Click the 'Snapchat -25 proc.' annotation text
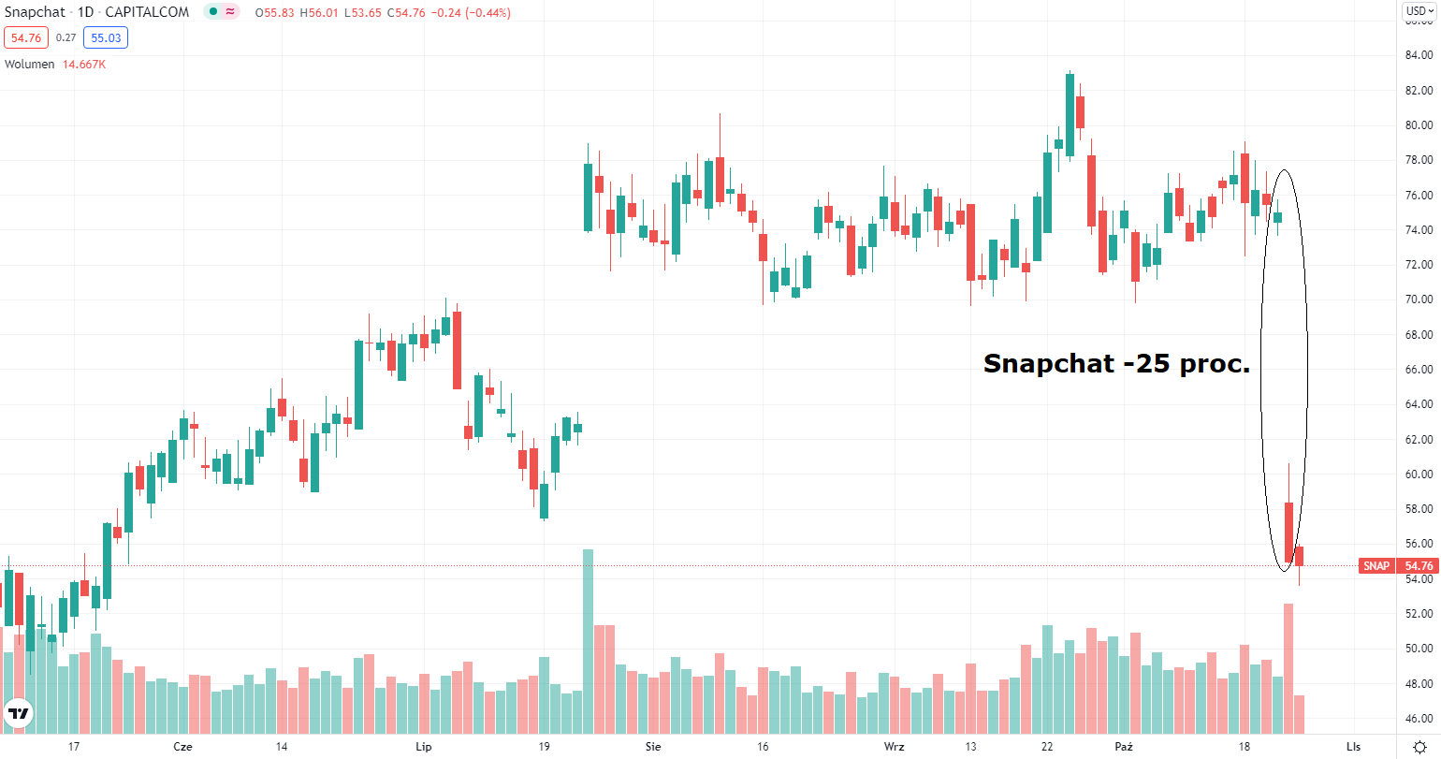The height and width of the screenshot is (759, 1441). click(x=1116, y=364)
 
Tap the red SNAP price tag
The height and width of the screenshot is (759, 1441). click(x=1375, y=566)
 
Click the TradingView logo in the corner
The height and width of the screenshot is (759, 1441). click(x=19, y=714)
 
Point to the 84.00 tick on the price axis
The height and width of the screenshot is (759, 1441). click(x=1419, y=55)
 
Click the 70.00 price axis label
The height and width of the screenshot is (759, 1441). click(x=1419, y=299)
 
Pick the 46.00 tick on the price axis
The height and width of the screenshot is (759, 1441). click(x=1419, y=718)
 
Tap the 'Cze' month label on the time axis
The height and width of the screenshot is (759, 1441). click(x=183, y=746)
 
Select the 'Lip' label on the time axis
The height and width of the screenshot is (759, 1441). click(x=423, y=746)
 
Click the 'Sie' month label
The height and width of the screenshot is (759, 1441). click(x=653, y=746)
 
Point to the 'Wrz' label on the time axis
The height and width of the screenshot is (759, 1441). click(x=895, y=746)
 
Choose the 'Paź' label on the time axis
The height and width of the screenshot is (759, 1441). click(x=1124, y=746)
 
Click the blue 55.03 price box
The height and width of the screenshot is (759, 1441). click(x=105, y=37)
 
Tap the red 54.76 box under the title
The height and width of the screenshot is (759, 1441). click(x=26, y=37)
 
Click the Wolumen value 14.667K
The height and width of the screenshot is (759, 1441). click(x=84, y=65)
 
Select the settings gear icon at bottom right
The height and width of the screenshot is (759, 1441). click(x=1419, y=746)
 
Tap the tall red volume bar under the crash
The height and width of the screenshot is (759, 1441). click(x=1288, y=667)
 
